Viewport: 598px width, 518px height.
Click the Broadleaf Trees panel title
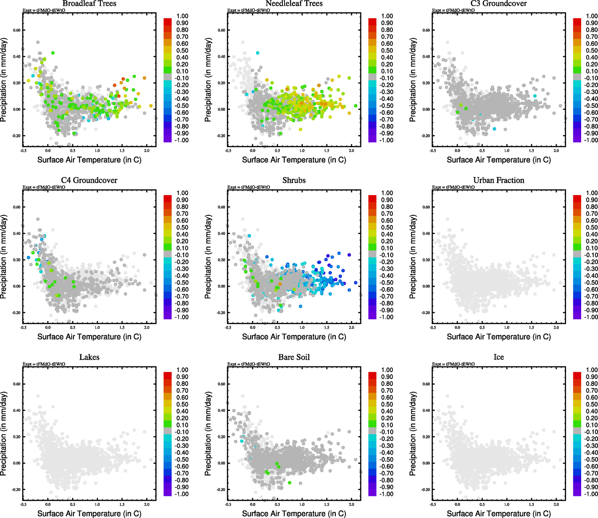coord(89,3)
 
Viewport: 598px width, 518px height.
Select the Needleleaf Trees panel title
coord(294,3)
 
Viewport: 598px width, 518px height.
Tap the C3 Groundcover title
coord(498,3)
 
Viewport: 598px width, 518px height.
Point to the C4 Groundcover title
coord(89,180)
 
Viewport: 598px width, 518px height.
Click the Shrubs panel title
coord(294,180)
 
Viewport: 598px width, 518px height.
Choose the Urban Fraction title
coord(498,180)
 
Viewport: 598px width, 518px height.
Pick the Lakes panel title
coord(89,357)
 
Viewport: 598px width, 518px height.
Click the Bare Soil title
coord(294,357)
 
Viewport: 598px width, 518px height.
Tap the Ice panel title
coord(498,357)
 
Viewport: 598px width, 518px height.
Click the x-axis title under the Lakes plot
coord(89,513)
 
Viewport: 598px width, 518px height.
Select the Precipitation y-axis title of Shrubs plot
coord(208,257)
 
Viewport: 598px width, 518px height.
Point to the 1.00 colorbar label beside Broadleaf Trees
coord(182,16)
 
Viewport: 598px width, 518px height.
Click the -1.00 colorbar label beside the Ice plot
coord(591,494)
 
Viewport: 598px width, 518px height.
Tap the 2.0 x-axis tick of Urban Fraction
coord(556,328)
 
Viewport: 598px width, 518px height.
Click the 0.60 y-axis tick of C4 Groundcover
coord(16,207)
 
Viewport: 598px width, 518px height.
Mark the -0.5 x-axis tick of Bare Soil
coord(228,504)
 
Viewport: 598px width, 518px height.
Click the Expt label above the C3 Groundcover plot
coord(453,10)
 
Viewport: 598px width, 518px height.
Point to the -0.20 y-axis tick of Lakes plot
coord(16,490)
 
